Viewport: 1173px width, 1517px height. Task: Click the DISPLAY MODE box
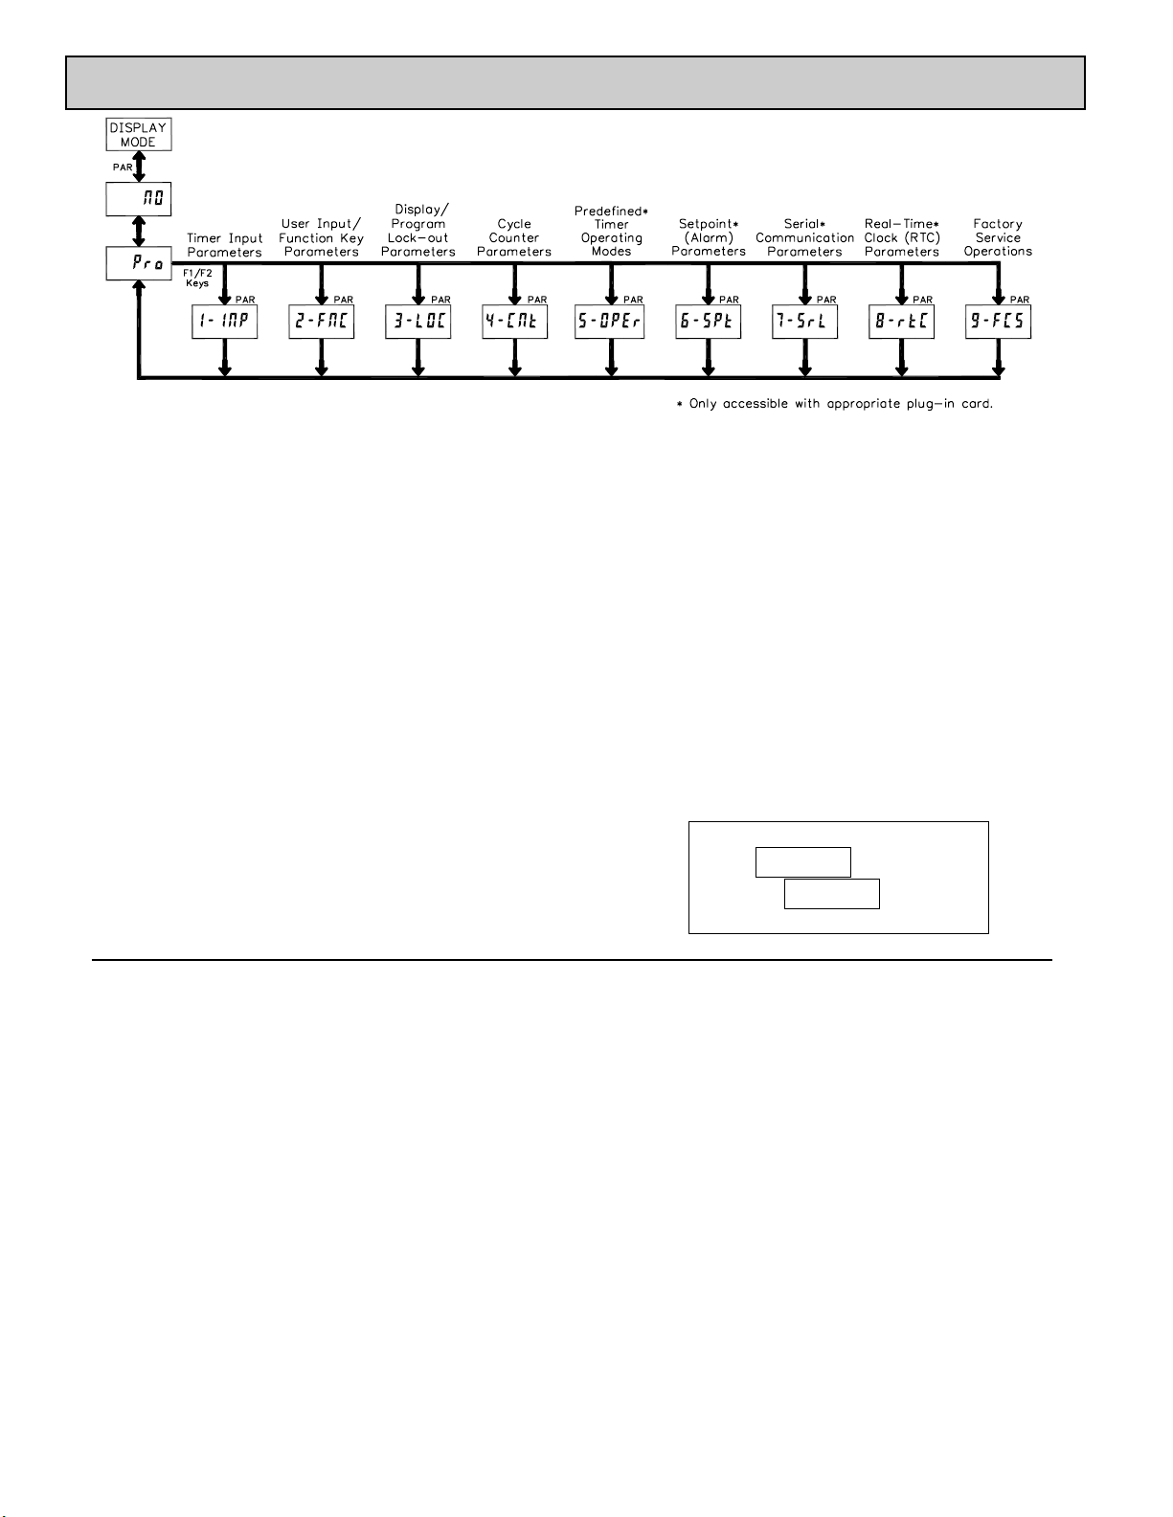coord(138,134)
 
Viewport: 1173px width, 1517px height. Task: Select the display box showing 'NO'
coord(138,200)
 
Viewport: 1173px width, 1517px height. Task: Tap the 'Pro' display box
coord(138,264)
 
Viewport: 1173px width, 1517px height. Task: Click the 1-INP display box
coord(225,322)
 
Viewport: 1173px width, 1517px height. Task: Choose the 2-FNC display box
coord(322,322)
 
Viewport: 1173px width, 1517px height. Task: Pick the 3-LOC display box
coord(418,322)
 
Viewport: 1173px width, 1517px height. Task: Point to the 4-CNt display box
coord(515,322)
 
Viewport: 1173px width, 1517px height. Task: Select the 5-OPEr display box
coord(611,322)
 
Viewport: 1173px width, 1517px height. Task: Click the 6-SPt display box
coord(709,322)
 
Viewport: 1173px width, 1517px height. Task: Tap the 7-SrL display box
coord(805,322)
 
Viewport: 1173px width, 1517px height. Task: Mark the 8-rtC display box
coord(902,322)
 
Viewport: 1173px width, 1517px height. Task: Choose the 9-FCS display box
coord(999,322)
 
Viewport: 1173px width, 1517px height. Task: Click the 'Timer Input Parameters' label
coord(225,245)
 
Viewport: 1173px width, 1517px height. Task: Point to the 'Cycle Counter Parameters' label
coord(514,237)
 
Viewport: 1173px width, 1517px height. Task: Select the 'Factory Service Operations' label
coord(998,237)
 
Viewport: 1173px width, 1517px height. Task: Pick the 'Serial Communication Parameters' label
coord(804,237)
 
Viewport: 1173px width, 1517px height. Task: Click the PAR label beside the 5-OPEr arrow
coord(633,300)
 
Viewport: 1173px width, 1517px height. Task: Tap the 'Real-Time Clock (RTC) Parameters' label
coord(902,237)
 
